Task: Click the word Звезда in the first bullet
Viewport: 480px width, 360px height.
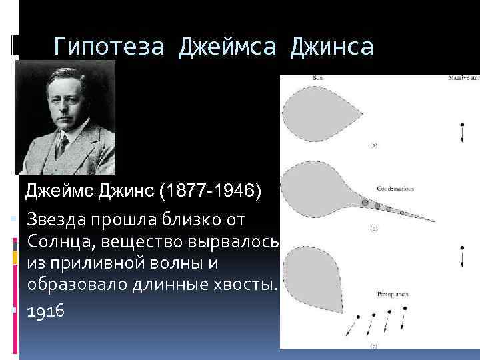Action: (59, 219)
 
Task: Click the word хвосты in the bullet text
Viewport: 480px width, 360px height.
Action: (239, 285)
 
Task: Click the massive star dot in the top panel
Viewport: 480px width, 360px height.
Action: (462, 125)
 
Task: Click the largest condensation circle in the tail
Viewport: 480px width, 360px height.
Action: (365, 201)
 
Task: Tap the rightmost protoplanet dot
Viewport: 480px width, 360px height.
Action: (407, 309)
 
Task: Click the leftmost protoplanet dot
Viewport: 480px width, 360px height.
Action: (358, 317)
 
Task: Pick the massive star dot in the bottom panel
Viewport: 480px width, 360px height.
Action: (462, 249)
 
